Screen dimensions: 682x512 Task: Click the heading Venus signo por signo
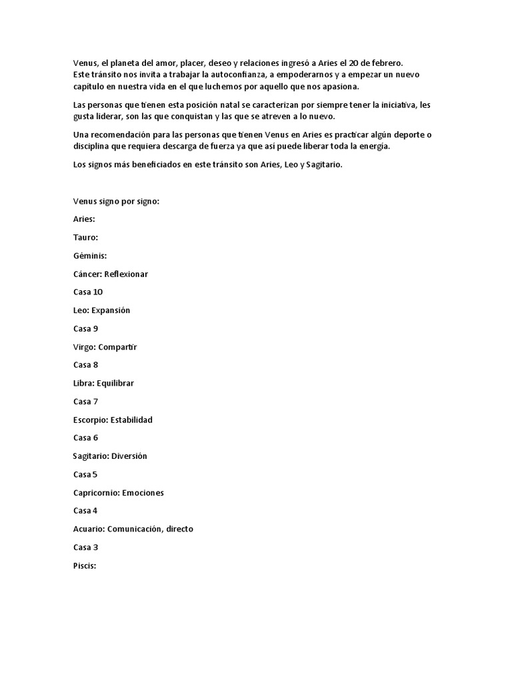pos(116,200)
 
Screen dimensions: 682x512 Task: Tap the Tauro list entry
pos(85,237)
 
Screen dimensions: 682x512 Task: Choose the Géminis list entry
pos(90,255)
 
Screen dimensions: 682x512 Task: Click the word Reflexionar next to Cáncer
pos(126,274)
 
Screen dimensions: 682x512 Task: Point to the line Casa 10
pos(87,292)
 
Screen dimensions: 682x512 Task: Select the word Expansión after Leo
pos(110,310)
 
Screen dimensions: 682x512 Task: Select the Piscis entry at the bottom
pos(85,565)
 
